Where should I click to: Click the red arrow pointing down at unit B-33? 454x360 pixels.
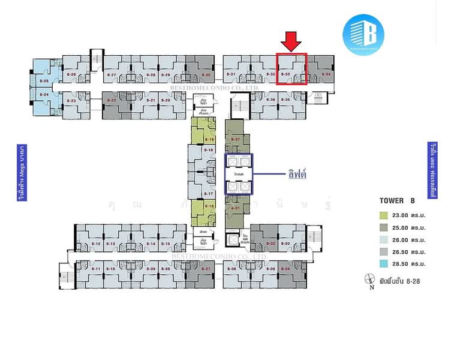click(x=291, y=41)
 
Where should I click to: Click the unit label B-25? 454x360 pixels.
click(x=44, y=80)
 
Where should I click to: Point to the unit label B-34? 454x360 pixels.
click(x=326, y=74)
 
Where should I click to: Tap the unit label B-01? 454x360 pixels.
click(x=236, y=208)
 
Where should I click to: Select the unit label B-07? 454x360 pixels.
click(x=207, y=269)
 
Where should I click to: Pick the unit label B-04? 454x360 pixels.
click(x=286, y=269)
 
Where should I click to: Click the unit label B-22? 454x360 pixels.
click(x=111, y=100)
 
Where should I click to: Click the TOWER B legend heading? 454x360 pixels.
click(x=397, y=200)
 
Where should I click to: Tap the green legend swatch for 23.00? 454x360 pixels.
click(x=383, y=215)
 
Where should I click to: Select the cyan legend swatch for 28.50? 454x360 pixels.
click(x=383, y=263)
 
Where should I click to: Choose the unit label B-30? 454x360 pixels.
click(x=206, y=74)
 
